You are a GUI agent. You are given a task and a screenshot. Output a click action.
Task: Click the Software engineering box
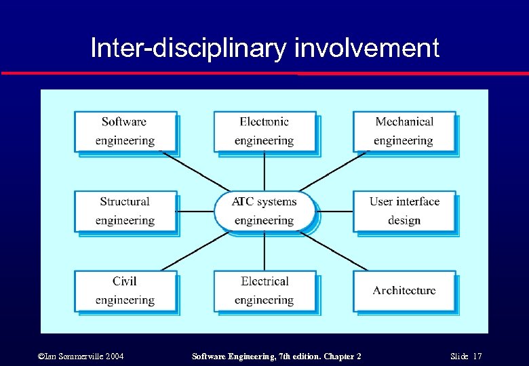coord(125,131)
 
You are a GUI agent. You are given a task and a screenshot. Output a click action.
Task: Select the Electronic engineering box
coord(264,131)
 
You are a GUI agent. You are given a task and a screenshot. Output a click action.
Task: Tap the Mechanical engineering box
coord(404,131)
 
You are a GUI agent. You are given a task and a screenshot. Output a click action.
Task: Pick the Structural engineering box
coord(125,211)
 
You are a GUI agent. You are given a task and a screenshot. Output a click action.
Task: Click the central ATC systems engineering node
coord(264,211)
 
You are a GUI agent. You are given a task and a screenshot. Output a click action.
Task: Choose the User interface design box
coord(404,211)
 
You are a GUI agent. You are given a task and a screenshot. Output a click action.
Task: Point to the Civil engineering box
coord(125,291)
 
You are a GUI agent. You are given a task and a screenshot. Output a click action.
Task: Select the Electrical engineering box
coord(264,291)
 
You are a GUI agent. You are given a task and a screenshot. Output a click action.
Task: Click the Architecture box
coord(404,291)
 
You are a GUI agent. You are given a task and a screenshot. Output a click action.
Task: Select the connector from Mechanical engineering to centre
coord(332,172)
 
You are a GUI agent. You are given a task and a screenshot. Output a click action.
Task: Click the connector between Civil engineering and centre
coord(197,250)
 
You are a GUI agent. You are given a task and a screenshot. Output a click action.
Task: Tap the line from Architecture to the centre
coord(332,250)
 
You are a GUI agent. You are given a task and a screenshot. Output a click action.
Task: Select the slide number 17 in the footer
coord(477,357)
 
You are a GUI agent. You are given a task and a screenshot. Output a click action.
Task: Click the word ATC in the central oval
coord(242,202)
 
